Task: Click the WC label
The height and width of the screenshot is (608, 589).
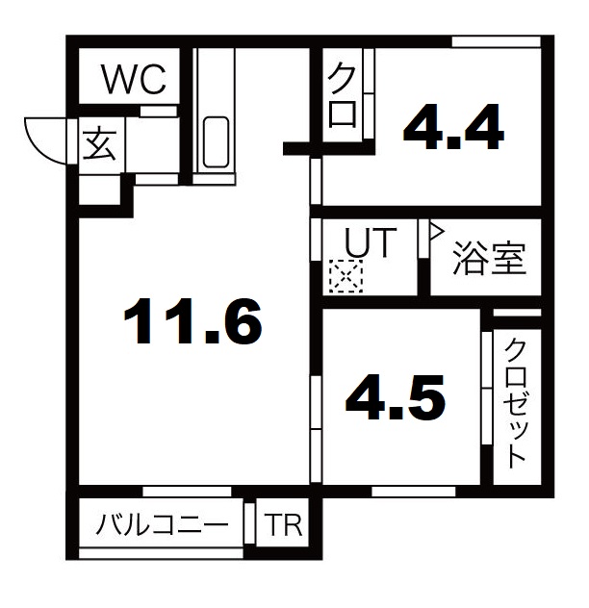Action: [134, 78]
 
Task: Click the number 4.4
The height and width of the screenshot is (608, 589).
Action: [453, 127]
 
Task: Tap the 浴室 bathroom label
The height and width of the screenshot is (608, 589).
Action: [489, 258]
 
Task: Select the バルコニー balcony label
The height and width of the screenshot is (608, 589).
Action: [162, 525]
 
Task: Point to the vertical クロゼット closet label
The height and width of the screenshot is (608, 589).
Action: [517, 401]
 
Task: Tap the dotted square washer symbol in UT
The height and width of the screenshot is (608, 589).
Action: [344, 278]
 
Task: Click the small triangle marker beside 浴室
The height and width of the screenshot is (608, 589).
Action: [434, 231]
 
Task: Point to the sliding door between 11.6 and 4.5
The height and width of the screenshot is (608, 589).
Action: [315, 414]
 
